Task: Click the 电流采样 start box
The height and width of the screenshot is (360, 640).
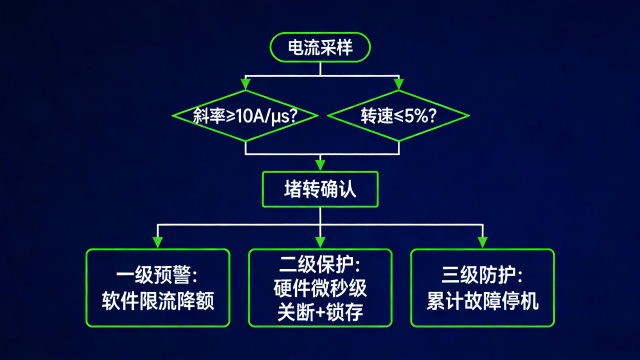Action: click(320, 46)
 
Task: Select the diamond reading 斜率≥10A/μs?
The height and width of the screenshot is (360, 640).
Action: click(246, 115)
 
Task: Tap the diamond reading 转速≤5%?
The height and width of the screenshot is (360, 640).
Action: click(398, 115)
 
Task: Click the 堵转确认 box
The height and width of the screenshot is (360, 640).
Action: click(320, 188)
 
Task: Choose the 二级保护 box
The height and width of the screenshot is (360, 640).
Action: click(321, 287)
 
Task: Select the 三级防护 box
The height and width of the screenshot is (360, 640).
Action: click(482, 287)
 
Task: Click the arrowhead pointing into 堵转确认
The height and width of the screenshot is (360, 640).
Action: click(320, 163)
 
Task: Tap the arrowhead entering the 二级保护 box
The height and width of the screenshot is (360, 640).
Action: click(321, 242)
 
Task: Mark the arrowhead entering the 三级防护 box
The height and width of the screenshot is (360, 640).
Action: click(482, 242)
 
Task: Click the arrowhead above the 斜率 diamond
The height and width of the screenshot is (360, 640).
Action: click(246, 85)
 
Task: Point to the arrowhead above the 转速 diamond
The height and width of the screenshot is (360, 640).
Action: click(398, 85)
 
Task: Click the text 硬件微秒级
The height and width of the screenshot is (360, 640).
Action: click(321, 288)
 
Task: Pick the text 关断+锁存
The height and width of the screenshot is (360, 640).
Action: click(321, 311)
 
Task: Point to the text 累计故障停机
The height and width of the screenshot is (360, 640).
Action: click(482, 299)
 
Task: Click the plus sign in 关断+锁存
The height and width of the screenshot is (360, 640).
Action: click(320, 311)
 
